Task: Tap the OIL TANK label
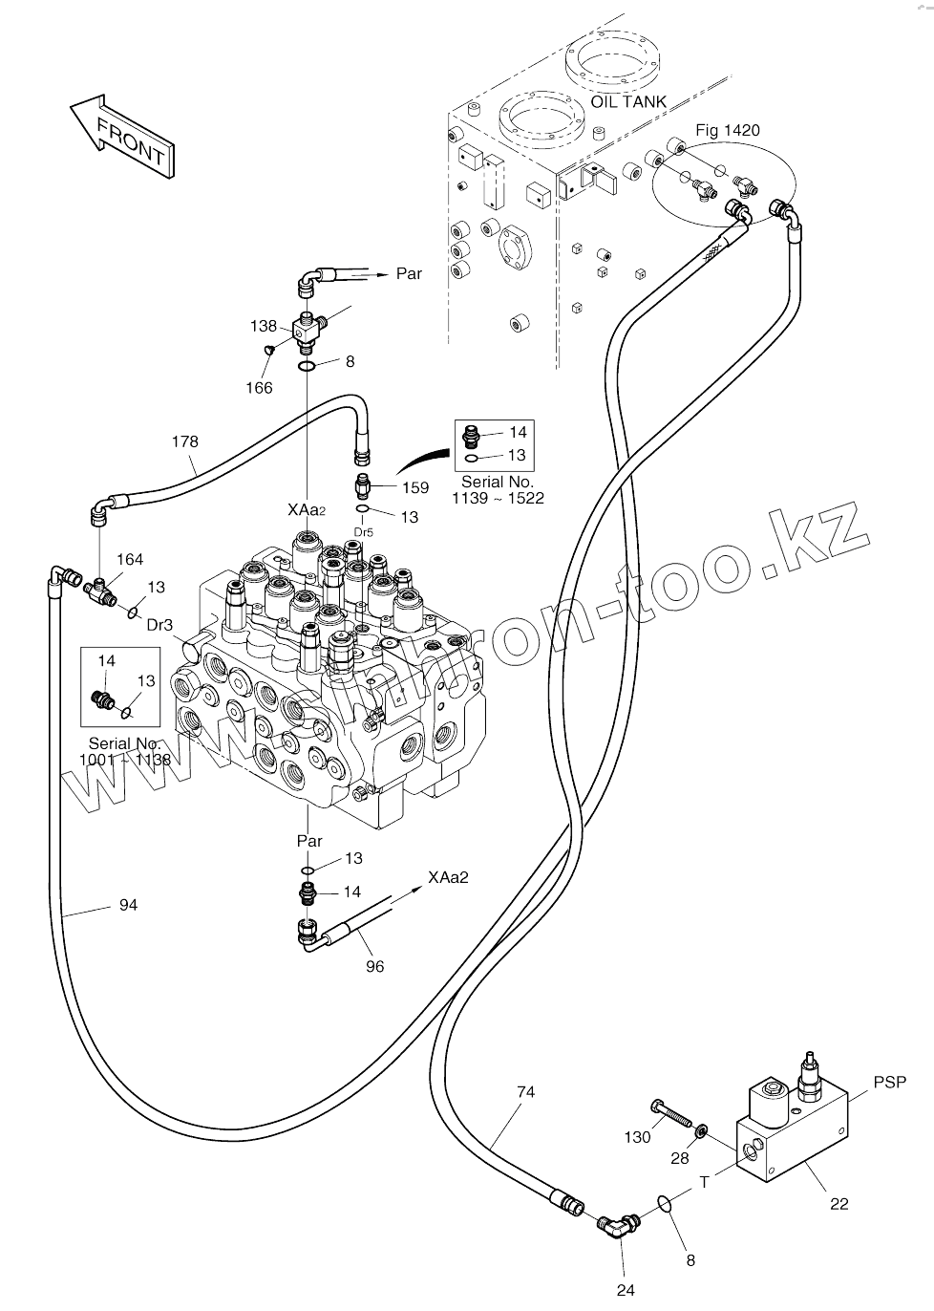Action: click(x=627, y=102)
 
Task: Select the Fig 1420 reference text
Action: click(x=727, y=130)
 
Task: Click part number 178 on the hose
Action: click(x=185, y=441)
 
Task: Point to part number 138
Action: click(x=264, y=326)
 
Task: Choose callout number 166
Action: click(x=258, y=387)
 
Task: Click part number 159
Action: click(x=415, y=487)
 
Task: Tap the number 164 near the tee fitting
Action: click(x=130, y=559)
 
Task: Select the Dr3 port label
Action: click(x=159, y=625)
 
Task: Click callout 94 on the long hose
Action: click(x=128, y=904)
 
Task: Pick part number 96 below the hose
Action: click(x=375, y=967)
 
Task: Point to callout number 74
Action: click(x=525, y=1091)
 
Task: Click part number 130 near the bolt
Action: click(x=637, y=1137)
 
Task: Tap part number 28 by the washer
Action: click(x=679, y=1159)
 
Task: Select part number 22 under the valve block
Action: click(x=838, y=1204)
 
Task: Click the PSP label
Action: click(x=889, y=1083)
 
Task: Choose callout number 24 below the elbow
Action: click(x=625, y=1290)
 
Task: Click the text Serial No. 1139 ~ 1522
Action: click(x=497, y=490)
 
